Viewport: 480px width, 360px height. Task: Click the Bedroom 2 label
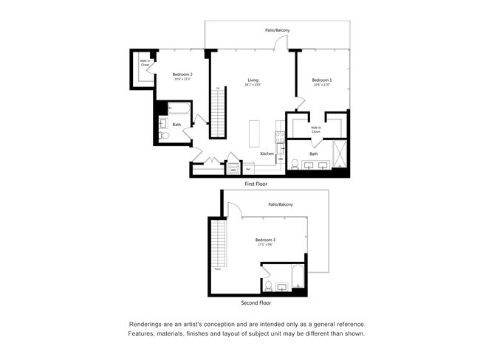tap(182, 75)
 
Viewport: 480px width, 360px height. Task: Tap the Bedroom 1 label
tap(321, 80)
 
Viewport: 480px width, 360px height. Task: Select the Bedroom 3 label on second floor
tap(265, 240)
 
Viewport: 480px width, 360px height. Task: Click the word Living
tap(253, 80)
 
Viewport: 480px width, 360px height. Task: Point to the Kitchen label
tap(267, 153)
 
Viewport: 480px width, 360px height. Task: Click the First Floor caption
tap(256, 184)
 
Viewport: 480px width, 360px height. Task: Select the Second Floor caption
tap(256, 303)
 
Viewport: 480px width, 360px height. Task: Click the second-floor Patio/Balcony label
tap(281, 204)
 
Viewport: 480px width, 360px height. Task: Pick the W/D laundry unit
tap(233, 169)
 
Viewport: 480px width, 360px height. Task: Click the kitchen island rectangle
tap(255, 134)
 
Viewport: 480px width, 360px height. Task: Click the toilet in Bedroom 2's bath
tap(163, 136)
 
